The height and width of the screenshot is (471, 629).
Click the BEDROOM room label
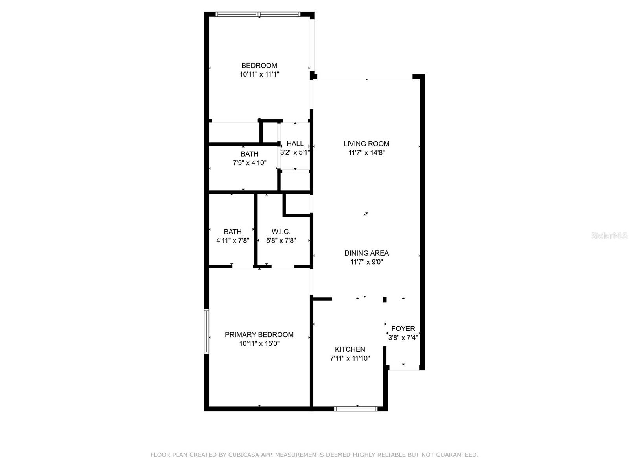coord(259,66)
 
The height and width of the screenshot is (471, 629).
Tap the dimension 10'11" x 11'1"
coord(259,74)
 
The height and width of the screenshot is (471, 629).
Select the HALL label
coord(295,144)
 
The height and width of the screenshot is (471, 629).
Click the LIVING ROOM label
coord(366,144)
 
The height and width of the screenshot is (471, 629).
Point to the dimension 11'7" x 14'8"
coord(366,153)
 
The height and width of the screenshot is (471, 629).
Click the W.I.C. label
coord(281,232)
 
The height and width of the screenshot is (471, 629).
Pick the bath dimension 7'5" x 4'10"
coord(250,163)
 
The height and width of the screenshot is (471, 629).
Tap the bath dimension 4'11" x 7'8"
coord(233,241)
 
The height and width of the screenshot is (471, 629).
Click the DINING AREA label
coord(366,253)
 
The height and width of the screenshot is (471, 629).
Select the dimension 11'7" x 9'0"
coord(366,262)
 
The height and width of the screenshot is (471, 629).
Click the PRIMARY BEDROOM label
coord(259,335)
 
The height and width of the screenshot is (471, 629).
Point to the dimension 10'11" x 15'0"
coord(259,343)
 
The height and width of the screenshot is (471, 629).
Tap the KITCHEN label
coord(350,349)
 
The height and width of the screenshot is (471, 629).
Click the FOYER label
coord(403,329)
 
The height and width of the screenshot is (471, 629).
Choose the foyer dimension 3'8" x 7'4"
coord(403,337)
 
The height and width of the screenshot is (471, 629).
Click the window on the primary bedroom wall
coord(206,332)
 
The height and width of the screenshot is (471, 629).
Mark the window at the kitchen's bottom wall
coord(356,409)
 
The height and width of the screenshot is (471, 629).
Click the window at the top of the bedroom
coord(258,15)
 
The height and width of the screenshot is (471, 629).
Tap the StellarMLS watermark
coord(609,236)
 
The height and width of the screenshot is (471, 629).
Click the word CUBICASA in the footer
coord(244,455)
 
